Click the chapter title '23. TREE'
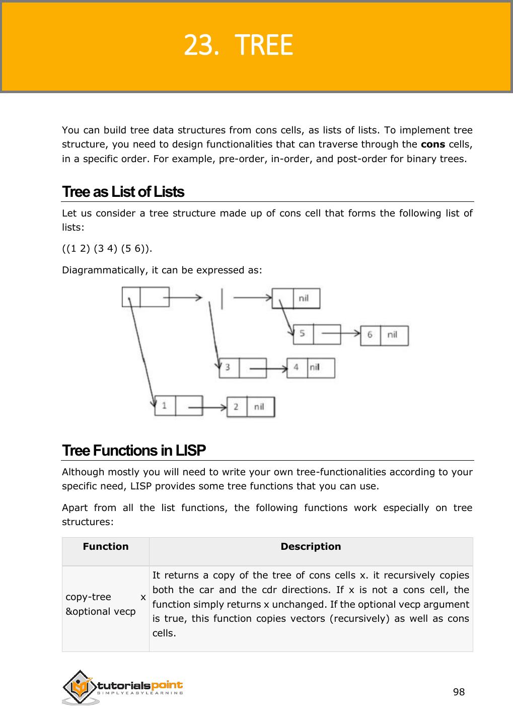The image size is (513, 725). coord(238,46)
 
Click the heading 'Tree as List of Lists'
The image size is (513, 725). coord(123,192)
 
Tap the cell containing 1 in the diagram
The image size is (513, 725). coord(165,405)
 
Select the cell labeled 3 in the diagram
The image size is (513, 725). coord(228,368)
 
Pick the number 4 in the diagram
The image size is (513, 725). coord(297,368)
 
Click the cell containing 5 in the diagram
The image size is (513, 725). coord(303,334)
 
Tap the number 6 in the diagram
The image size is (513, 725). coord(370,335)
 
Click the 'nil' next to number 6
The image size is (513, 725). coord(393,335)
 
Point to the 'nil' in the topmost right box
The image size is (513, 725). coord(304,298)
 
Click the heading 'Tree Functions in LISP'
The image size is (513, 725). coord(134,450)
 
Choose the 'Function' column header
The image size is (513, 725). coord(106,547)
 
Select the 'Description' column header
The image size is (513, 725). coord(311,547)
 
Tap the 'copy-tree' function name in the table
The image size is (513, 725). coord(89,597)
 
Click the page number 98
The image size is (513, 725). coord(459,692)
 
